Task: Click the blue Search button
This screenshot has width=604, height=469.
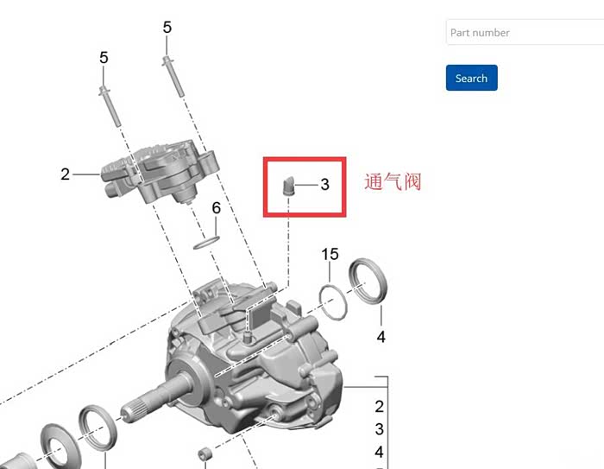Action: [471, 78]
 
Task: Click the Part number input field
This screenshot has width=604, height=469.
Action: [525, 33]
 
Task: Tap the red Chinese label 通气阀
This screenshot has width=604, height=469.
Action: [393, 181]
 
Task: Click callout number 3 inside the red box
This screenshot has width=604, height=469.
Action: [325, 184]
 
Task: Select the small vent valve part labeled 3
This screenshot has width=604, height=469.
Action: [287, 186]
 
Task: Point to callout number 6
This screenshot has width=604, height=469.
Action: [216, 208]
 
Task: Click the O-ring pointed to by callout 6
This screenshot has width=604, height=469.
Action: [206, 243]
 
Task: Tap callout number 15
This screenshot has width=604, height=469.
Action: [330, 254]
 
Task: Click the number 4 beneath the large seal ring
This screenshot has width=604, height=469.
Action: [381, 337]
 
